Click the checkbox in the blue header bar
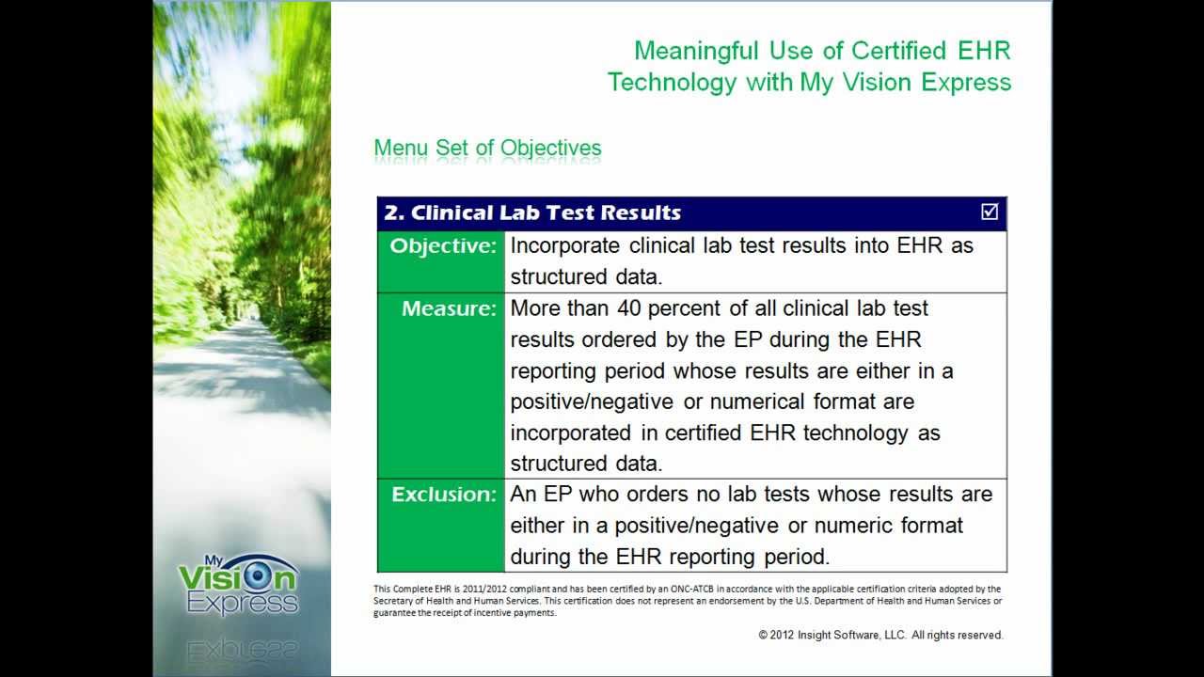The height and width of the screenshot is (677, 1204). [990, 213]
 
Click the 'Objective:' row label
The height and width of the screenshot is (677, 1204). [442, 246]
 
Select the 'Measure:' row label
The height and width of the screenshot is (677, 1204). [448, 308]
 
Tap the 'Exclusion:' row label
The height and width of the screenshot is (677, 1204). [443, 495]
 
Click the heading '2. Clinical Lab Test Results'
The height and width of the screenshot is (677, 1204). [532, 213]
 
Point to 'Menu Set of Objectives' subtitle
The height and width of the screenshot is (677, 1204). [487, 149]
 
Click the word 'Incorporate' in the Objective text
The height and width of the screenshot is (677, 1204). [564, 246]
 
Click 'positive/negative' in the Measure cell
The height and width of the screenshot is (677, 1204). [592, 401]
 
